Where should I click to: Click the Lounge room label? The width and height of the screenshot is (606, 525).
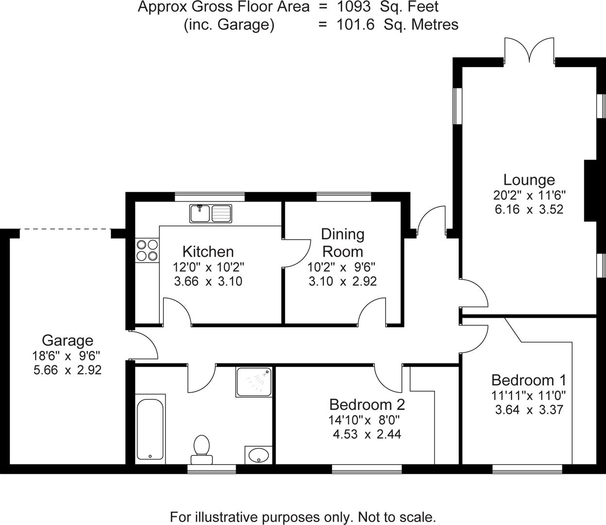(x=529, y=180)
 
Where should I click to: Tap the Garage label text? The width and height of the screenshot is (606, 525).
(x=67, y=340)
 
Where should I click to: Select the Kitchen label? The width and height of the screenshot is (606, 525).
(x=208, y=251)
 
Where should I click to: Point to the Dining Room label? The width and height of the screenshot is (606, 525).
(x=343, y=243)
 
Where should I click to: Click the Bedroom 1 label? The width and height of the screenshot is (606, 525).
(x=528, y=380)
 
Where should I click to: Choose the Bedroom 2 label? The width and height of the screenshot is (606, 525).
(x=367, y=404)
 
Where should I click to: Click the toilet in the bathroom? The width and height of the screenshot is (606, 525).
(x=201, y=449)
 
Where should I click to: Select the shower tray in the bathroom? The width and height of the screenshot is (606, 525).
(x=254, y=382)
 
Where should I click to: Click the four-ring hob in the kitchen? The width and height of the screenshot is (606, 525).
(x=147, y=250)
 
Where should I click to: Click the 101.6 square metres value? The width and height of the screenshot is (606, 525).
(x=355, y=25)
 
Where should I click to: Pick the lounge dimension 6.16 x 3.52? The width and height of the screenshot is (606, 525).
(x=529, y=210)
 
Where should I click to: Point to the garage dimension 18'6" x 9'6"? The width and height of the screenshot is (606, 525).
(x=67, y=355)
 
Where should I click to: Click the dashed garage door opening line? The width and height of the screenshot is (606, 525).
(x=66, y=229)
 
